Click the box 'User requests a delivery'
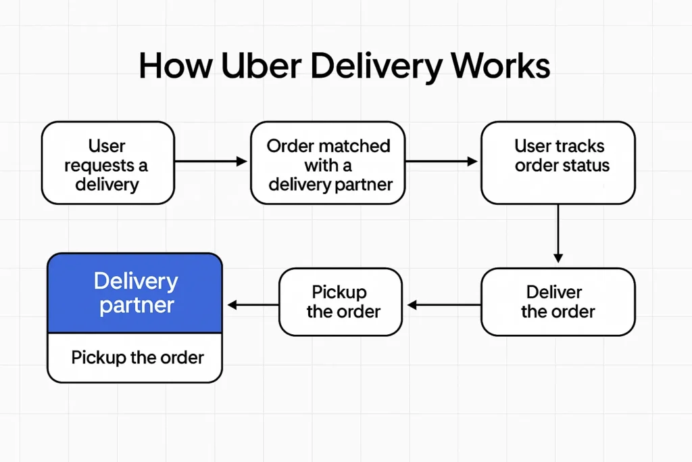[107, 163]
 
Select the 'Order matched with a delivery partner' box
[328, 163]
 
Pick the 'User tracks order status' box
[558, 163]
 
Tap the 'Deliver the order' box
[558, 302]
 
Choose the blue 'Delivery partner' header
[134, 293]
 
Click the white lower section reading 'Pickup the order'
[134, 358]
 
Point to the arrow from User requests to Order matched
[212, 162]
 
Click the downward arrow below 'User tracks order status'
[558, 234]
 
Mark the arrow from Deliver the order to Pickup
[443, 306]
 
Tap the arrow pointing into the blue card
[252, 306]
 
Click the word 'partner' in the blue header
[137, 305]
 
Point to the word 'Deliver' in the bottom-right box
[554, 292]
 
